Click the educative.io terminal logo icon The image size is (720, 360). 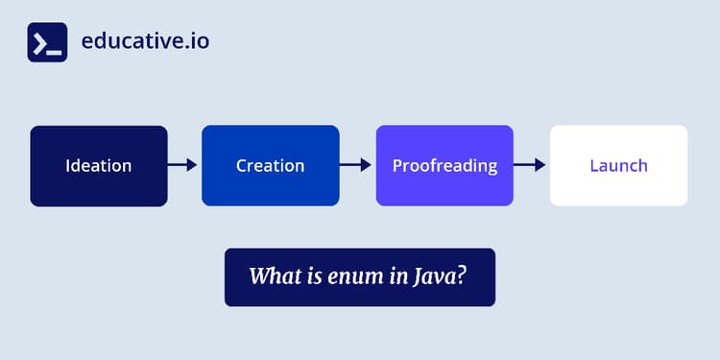[x=47, y=42]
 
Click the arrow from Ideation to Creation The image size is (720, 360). [x=183, y=165]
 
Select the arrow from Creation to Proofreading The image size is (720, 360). [x=356, y=165]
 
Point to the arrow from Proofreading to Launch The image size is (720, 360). [x=530, y=165]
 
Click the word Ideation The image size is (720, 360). [x=99, y=165]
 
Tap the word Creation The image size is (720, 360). [x=270, y=165]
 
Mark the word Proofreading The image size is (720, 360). [x=444, y=165]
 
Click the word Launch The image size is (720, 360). [x=618, y=165]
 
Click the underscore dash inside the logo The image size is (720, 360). [x=55, y=49]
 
